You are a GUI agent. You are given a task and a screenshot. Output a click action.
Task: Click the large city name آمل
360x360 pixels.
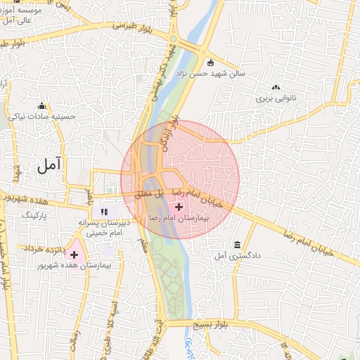[49, 165]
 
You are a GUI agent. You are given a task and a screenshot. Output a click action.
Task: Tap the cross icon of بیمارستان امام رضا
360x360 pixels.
[179, 207]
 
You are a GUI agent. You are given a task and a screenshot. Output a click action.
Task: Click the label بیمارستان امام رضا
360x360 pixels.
[180, 219]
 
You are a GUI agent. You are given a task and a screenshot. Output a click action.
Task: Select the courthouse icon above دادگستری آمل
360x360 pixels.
[237, 245]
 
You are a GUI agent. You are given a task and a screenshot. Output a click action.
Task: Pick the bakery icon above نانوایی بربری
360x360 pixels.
[276, 88]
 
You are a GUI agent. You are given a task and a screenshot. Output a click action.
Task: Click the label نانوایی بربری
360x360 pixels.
[278, 100]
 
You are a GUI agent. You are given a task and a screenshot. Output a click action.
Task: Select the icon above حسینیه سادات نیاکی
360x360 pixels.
[41, 105]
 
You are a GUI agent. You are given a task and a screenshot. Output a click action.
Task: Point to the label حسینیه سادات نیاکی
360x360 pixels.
[41, 117]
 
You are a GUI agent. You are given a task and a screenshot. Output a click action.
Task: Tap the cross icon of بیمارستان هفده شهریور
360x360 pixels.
[74, 254]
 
